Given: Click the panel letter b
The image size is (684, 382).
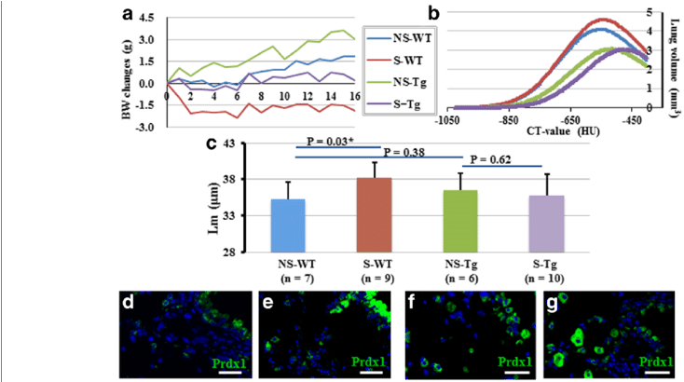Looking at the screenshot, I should [x=434, y=13].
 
